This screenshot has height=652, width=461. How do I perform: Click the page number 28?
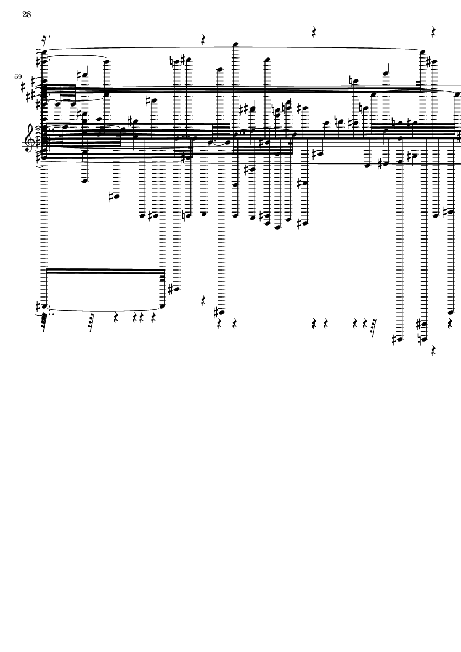tap(27, 15)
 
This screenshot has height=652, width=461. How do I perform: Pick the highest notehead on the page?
tap(235, 44)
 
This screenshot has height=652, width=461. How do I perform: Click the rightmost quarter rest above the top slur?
tap(434, 31)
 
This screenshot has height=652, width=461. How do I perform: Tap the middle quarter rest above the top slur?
tap(314, 32)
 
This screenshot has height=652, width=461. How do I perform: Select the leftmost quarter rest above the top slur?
tap(204, 40)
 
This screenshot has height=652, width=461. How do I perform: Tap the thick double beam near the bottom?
tap(105, 271)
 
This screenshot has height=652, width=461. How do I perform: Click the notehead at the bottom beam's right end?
tap(163, 305)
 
